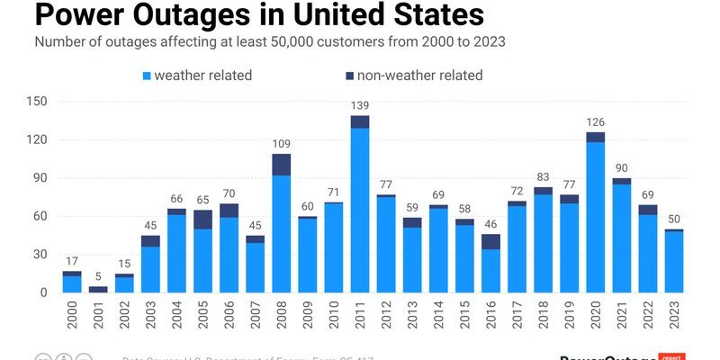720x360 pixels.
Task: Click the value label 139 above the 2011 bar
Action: [360, 106]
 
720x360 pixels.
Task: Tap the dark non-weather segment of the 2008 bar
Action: [282, 164]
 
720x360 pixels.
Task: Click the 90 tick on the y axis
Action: [39, 177]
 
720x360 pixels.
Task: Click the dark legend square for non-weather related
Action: [348, 76]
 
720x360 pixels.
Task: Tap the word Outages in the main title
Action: [176, 16]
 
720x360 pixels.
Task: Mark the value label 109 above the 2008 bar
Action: [282, 144]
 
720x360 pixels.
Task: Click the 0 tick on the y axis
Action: [42, 292]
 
